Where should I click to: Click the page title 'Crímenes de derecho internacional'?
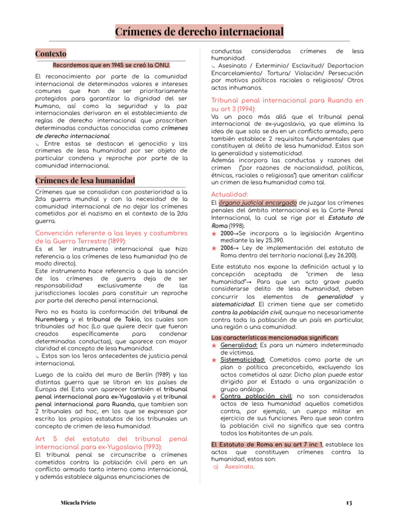199,32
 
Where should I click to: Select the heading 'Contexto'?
51,54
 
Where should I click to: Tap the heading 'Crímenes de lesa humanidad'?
85,180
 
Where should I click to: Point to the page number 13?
349,503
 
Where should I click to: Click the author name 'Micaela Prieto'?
78,503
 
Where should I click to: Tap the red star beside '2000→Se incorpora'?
214,234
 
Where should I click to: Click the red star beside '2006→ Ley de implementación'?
214,248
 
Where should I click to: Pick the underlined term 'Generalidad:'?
239,345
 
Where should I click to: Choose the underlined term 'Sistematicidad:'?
243,360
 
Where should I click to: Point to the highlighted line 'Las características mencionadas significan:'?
274,338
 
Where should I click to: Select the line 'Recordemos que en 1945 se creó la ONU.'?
112,65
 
